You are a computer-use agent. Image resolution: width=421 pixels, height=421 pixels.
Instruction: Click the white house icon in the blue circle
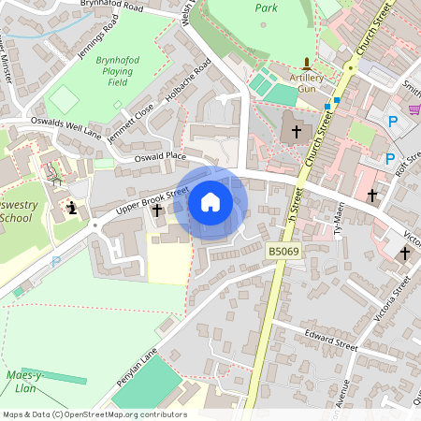[210, 202]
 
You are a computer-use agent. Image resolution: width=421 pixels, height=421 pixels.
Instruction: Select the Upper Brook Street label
[146, 202]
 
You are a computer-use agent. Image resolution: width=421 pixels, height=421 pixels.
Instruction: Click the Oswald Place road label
[160, 156]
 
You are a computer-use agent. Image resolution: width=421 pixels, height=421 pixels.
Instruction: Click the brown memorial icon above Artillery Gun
[306, 62]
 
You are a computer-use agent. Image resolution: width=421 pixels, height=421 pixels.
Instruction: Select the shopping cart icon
[414, 110]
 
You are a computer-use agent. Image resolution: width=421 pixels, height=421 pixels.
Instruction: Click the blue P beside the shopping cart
[392, 122]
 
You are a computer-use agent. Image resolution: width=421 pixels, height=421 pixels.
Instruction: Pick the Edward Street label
[332, 345]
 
